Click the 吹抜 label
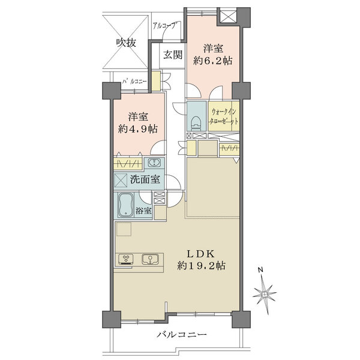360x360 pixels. tap(126, 43)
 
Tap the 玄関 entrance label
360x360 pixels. tap(173, 55)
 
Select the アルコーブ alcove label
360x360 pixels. tap(165, 25)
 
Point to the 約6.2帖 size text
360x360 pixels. tap(212, 61)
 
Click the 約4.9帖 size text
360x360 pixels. tap(138, 129)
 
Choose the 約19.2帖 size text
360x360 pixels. tap(201, 266)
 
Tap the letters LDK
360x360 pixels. tap(201, 254)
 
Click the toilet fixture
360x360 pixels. tap(196, 122)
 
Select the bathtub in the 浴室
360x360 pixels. tap(125, 205)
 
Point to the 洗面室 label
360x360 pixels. tap(145, 179)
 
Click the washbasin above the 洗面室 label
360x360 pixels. tap(152, 163)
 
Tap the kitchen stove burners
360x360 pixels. tap(125, 259)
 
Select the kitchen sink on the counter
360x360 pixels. tap(149, 259)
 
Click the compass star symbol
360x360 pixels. tap(265, 294)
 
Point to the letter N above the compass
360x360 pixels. tap(260, 270)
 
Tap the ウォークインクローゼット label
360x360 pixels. tap(224, 116)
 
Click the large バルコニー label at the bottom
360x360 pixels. tap(182, 335)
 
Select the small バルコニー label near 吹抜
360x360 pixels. tap(134, 82)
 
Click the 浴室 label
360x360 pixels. tap(143, 211)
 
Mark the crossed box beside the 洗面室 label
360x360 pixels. tap(121, 180)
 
